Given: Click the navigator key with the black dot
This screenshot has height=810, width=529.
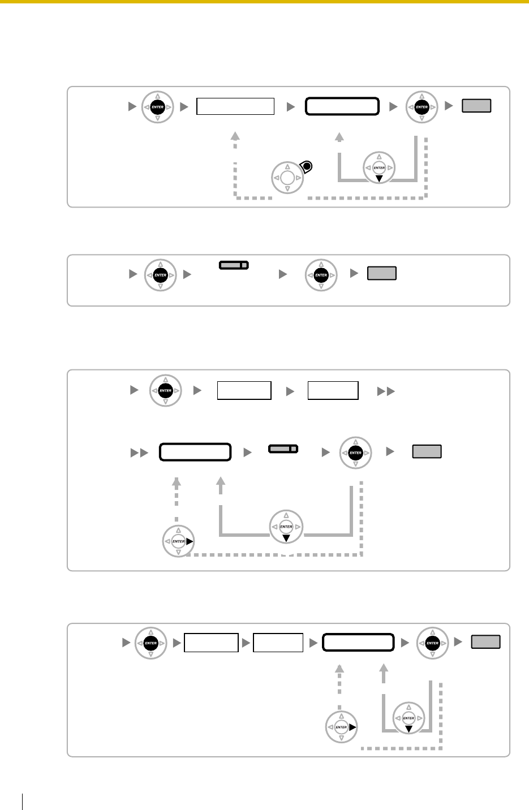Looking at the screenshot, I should (x=288, y=177).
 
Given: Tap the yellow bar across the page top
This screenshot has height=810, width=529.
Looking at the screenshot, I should (x=264, y=2).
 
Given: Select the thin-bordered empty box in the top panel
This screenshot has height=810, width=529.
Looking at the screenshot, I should (x=235, y=106).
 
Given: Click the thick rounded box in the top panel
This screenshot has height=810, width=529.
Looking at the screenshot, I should (x=342, y=106).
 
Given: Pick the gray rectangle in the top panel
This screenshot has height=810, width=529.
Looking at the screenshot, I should (x=476, y=106).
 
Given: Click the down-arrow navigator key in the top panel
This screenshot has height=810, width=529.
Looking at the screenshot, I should (x=379, y=168).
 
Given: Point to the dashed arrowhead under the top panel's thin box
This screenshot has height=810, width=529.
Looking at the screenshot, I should (x=235, y=136).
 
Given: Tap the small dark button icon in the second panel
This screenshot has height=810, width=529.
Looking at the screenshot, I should (x=234, y=265).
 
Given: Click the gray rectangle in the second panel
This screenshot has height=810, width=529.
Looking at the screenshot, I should (x=382, y=274).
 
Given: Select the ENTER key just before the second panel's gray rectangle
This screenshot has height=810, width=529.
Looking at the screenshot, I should (x=321, y=275).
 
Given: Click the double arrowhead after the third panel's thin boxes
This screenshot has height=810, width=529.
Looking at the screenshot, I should (x=386, y=391).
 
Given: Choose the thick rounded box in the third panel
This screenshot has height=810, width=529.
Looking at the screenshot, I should (x=195, y=452).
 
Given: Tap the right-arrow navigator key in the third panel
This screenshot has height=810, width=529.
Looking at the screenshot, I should (x=179, y=541).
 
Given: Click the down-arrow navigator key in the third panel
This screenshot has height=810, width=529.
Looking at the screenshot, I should (x=286, y=527).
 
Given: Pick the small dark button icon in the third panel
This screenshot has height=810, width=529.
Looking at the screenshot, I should (x=283, y=449).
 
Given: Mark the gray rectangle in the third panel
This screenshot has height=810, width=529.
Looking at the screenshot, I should (x=427, y=451).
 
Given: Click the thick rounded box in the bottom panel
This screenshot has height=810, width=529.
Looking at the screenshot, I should (x=358, y=643).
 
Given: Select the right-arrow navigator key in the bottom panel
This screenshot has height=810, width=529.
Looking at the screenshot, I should (x=341, y=727).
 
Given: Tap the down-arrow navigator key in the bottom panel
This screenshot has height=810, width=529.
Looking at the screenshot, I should (x=408, y=718).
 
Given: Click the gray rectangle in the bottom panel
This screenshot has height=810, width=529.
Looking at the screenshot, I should (x=486, y=642).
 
